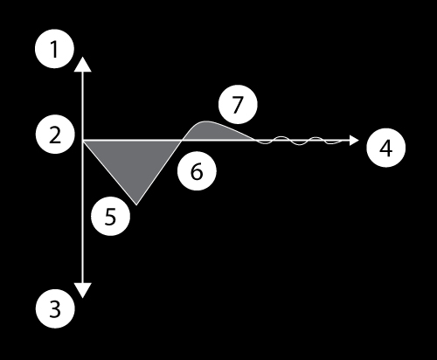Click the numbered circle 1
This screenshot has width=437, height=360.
click(54, 49)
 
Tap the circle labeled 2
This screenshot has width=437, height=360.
click(55, 135)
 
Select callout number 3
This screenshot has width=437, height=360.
click(55, 308)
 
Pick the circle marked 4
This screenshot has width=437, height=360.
click(385, 148)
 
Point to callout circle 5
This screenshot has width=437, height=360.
click(110, 217)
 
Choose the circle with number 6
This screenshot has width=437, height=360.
click(197, 171)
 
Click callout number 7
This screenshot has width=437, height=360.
click(238, 104)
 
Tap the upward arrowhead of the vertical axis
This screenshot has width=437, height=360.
click(83, 65)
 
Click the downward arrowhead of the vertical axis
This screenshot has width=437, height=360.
click(83, 290)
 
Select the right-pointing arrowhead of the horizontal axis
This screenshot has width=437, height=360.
click(354, 141)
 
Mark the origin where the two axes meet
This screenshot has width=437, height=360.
click(83, 141)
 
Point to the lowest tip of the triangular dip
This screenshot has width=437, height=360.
click(136, 205)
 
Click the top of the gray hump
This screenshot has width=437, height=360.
click(206, 121)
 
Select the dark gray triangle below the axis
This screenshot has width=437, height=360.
click(133, 163)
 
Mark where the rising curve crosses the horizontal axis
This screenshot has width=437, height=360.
click(182, 141)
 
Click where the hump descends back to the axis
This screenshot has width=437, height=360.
click(255, 141)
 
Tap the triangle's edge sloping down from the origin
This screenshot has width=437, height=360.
click(110, 173)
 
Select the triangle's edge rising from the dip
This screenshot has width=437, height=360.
click(159, 173)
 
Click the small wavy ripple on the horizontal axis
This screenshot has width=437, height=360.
click(299, 141)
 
